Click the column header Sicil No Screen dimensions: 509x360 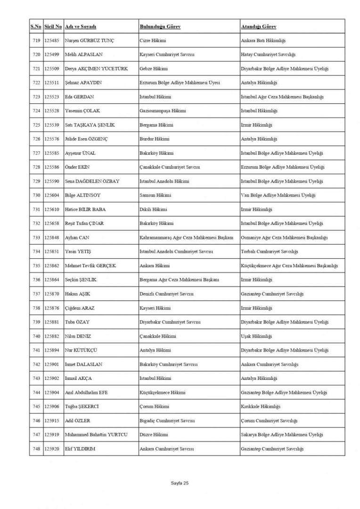(x=53, y=26)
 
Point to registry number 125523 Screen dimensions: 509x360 (x=52, y=97)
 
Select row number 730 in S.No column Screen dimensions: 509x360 (x=36, y=195)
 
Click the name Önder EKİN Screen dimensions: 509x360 (x=77, y=167)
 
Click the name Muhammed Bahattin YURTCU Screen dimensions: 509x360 (x=96, y=435)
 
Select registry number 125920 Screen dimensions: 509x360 (x=52, y=449)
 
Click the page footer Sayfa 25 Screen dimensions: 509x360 (x=180, y=483)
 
